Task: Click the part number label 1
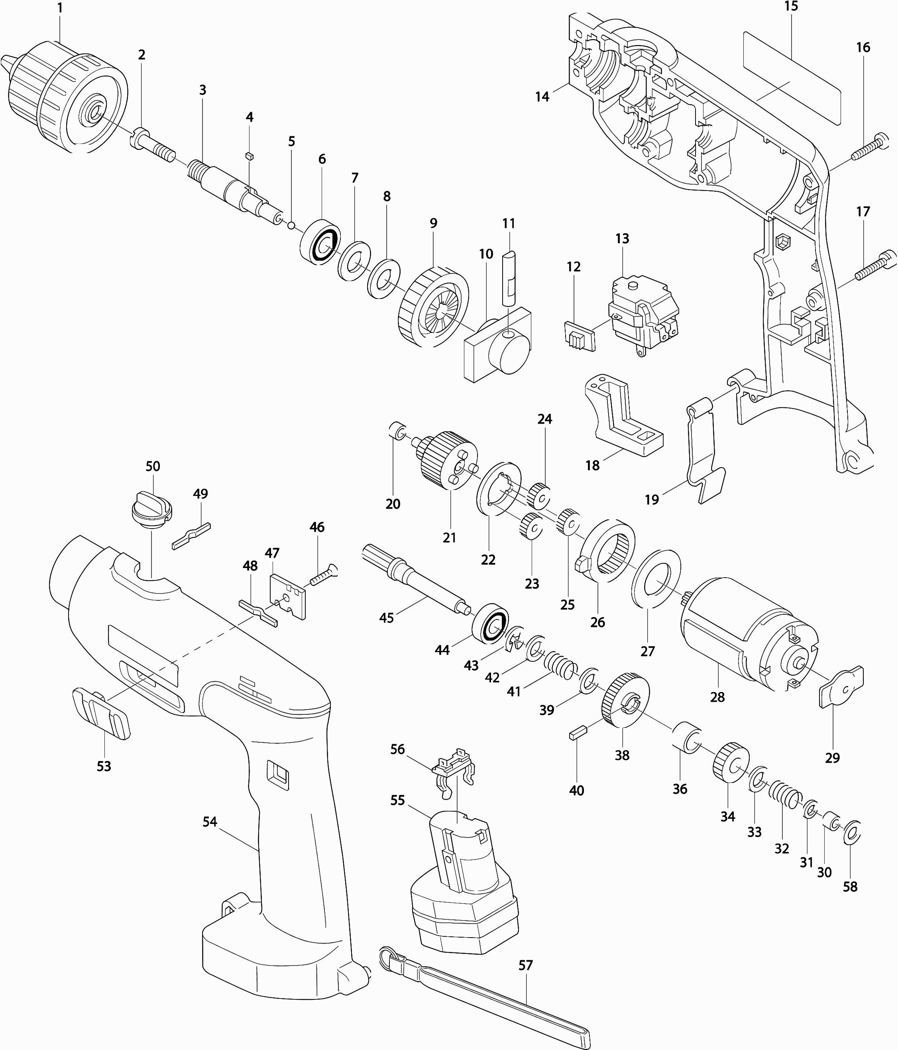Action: [x=60, y=8]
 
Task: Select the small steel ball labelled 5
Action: [x=291, y=225]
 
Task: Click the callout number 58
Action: [x=850, y=886]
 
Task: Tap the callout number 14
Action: [x=542, y=96]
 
